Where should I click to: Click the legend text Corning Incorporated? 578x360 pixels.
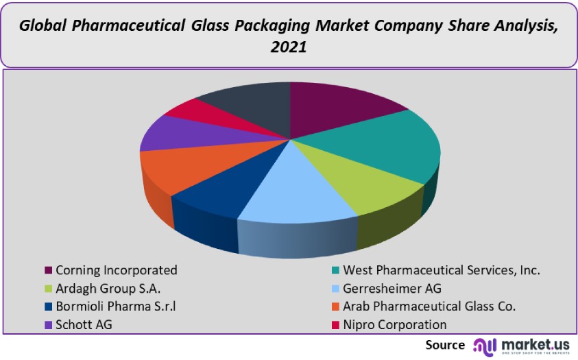coord(117,270)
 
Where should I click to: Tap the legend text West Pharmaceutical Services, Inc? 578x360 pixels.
coord(442,270)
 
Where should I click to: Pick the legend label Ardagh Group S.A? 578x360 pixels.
coord(108,288)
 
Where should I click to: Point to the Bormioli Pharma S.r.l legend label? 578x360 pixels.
coord(120,306)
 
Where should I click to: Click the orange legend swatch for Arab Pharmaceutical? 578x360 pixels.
coord(335,307)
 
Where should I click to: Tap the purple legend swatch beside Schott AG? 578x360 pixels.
coord(48,324)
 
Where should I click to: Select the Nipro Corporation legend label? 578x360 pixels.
coord(394,324)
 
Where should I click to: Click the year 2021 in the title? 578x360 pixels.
coord(288,49)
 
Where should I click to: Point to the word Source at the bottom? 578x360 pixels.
coord(444,344)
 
